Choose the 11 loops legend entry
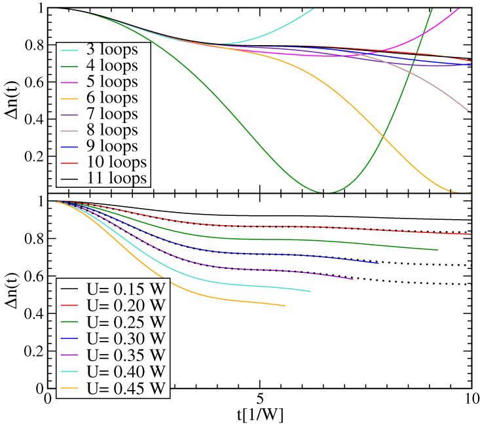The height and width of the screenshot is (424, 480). point(115,178)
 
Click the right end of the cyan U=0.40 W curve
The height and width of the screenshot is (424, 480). point(310,291)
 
